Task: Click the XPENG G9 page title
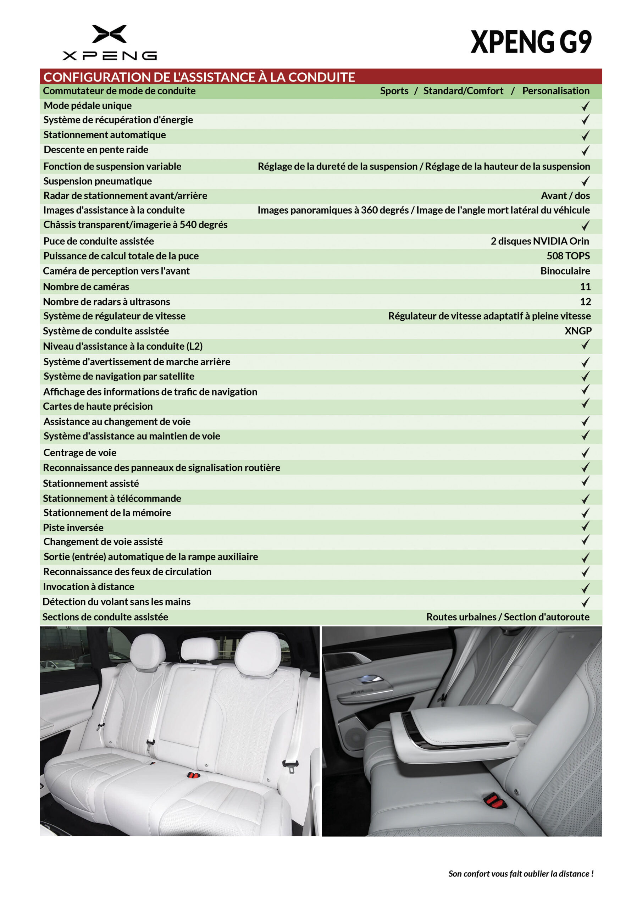click(x=531, y=42)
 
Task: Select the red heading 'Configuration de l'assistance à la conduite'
click(x=199, y=77)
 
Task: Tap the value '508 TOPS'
click(x=568, y=256)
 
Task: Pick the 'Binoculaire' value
click(x=565, y=271)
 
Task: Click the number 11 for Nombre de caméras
click(x=585, y=287)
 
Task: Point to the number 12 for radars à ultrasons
click(x=585, y=302)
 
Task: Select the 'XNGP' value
click(x=577, y=331)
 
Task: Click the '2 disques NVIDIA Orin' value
click(x=539, y=241)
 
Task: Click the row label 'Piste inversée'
click(x=73, y=527)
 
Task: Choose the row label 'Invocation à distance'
click(x=89, y=587)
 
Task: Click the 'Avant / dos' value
click(x=565, y=196)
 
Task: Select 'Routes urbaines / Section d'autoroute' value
click(x=508, y=617)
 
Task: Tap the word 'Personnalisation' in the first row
click(x=555, y=91)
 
